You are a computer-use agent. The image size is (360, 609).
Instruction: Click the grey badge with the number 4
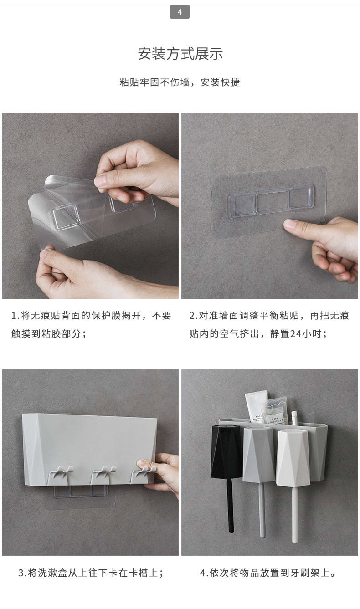[180, 12]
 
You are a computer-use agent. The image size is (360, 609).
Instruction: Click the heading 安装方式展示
[180, 54]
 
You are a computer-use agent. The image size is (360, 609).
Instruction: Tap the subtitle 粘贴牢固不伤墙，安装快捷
[180, 82]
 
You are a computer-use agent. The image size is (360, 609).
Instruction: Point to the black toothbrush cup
[226, 451]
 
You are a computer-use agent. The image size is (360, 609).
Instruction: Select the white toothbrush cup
[293, 458]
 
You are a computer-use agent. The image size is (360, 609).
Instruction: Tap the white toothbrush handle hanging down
[295, 514]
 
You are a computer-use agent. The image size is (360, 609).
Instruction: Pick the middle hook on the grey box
[103, 474]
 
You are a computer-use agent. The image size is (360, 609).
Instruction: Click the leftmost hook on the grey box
[60, 475]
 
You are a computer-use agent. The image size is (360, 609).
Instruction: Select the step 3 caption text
[91, 573]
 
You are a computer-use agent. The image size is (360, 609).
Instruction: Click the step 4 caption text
[268, 573]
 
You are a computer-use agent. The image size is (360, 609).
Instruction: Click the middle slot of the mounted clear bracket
[272, 202]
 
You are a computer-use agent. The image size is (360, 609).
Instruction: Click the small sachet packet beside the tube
[273, 411]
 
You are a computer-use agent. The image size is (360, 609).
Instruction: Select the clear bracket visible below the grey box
[80, 492]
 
